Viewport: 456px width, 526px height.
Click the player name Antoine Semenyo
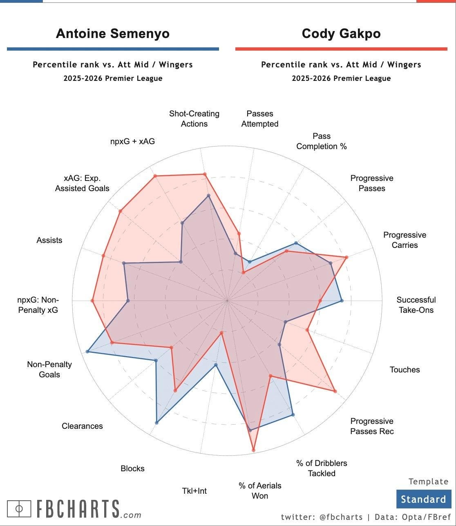112,33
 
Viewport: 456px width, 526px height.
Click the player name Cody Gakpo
341,33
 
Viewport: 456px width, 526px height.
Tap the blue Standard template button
423,499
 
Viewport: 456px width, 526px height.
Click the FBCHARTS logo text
78,509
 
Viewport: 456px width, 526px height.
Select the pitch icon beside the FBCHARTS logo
19,508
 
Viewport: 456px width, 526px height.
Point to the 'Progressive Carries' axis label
405,240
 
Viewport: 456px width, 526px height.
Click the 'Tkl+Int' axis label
194,491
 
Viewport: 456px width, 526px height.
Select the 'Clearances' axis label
82,426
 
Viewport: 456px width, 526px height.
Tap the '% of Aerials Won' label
260,490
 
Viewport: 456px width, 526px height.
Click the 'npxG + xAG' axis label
132,142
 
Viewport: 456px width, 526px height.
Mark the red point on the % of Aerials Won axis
253,450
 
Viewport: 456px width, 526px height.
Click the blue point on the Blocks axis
156,423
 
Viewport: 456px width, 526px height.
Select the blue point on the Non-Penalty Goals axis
87,351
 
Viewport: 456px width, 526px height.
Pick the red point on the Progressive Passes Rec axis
335,391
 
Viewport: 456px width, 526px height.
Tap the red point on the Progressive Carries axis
346,257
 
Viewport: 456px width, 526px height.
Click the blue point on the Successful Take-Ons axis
342,301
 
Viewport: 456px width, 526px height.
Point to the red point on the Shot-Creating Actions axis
205,174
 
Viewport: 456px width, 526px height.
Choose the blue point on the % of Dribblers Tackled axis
293,415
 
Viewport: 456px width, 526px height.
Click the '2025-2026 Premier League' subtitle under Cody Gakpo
341,78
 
